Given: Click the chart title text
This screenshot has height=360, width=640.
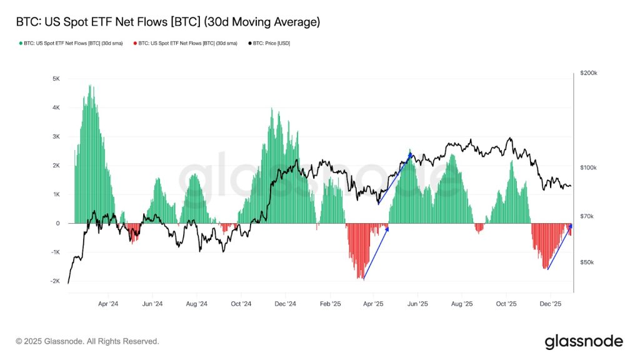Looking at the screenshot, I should tap(167, 22).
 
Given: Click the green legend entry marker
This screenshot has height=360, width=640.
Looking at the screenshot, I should tap(21, 44).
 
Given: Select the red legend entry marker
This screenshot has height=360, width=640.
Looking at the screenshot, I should tap(136, 44).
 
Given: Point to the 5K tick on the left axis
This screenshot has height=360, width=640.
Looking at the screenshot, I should tap(56, 79).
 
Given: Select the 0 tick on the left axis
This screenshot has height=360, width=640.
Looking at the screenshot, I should tap(57, 223).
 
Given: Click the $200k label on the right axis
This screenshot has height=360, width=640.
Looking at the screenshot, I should tap(588, 73).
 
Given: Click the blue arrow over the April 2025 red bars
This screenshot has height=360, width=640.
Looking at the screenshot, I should tap(376, 253).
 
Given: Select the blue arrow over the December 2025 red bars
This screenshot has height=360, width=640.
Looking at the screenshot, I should tap(559, 247).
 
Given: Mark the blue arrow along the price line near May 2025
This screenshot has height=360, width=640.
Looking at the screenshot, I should tap(395, 177).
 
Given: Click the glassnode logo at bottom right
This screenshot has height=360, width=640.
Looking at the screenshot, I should tap(584, 342).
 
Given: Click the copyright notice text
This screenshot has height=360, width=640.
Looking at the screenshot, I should tap(87, 342).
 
